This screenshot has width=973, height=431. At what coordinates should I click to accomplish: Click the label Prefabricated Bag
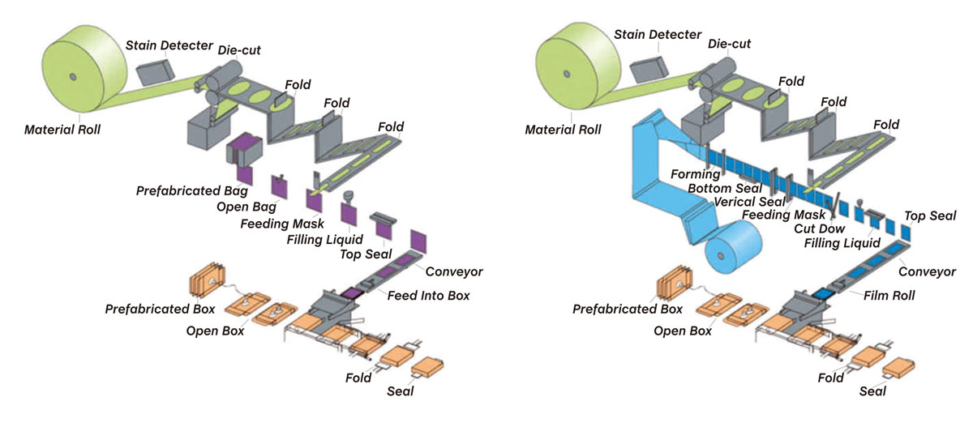(x=181, y=190)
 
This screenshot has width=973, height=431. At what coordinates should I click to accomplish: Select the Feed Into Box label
(x=428, y=295)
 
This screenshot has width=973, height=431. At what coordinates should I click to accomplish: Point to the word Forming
(x=695, y=173)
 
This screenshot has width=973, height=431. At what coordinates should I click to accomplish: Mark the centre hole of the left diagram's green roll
(x=72, y=76)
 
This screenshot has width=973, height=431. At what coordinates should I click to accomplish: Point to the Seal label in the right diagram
(x=872, y=391)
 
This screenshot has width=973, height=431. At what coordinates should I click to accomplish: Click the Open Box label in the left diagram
(x=215, y=331)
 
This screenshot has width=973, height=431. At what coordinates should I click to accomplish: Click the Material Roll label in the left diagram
(x=62, y=129)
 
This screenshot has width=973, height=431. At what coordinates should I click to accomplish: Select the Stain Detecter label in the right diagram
(x=658, y=34)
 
